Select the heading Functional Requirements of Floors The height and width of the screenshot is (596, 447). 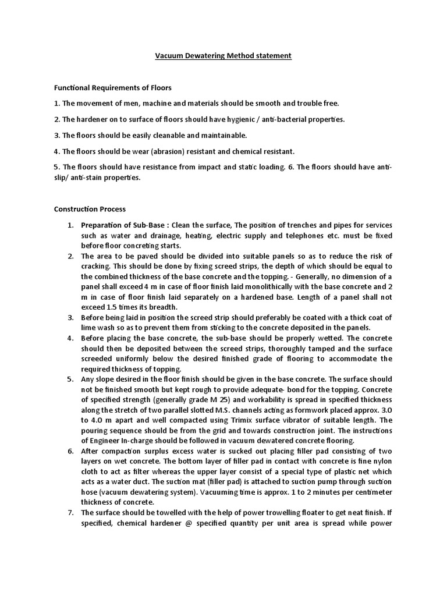113,88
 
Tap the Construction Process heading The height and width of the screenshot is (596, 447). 90,209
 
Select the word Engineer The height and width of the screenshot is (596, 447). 108,439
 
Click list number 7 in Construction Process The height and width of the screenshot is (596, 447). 70,512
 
